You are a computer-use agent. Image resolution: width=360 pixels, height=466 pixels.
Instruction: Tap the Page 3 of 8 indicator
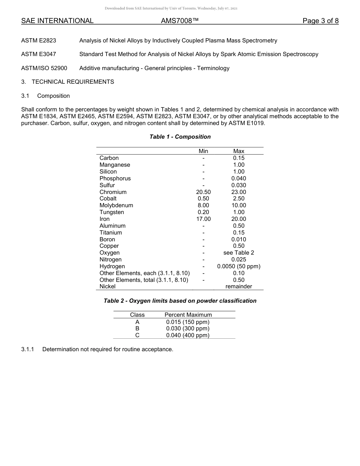(x=320, y=21)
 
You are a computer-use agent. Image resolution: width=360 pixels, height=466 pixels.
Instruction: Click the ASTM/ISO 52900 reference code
(x=44, y=68)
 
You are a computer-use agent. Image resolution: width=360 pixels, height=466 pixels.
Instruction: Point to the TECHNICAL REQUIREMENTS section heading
(x=73, y=82)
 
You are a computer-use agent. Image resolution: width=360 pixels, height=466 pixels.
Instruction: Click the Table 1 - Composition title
(x=180, y=137)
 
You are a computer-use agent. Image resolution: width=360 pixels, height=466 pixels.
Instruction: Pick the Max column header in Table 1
(x=239, y=151)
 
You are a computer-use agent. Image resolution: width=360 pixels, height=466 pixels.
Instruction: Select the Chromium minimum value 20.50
(x=203, y=192)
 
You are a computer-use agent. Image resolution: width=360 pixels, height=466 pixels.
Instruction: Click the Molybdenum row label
(x=116, y=205)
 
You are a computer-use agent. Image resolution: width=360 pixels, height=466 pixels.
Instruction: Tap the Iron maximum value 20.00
(x=239, y=219)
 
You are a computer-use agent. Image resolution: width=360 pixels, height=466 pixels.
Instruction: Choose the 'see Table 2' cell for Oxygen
(x=239, y=253)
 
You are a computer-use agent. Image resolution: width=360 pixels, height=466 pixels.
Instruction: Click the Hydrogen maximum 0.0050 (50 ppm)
(x=239, y=266)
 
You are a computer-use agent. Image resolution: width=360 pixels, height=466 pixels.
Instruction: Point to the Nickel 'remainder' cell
(x=239, y=286)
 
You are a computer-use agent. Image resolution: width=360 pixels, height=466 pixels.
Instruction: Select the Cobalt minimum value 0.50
(x=203, y=199)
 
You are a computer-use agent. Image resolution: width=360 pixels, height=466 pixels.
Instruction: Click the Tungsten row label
(x=111, y=212)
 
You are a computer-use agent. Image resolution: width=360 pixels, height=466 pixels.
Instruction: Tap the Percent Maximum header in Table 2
(x=188, y=315)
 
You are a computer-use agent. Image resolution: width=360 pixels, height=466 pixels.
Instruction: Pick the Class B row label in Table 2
(x=137, y=328)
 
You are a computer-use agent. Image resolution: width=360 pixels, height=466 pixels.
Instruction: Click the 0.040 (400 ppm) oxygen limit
(x=188, y=335)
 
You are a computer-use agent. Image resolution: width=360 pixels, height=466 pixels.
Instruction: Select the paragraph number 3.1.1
(x=28, y=349)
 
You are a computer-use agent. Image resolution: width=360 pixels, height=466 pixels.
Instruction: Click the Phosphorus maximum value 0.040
(x=239, y=178)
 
